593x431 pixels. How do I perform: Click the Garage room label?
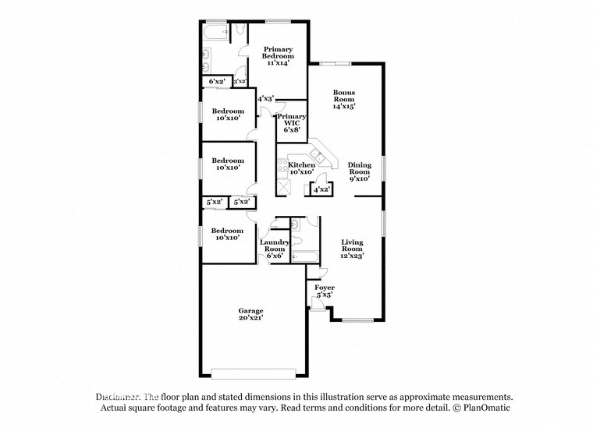tap(250, 311)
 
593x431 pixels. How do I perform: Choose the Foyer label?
tap(324, 288)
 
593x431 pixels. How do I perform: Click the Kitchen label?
tap(301, 165)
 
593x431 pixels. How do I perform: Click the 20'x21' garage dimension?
tap(250, 319)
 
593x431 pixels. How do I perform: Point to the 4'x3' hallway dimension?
tap(265, 98)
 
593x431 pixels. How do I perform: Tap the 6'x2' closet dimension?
tap(217, 81)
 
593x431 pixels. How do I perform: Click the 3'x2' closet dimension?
tap(240, 81)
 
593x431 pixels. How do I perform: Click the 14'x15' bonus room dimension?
tap(344, 106)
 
